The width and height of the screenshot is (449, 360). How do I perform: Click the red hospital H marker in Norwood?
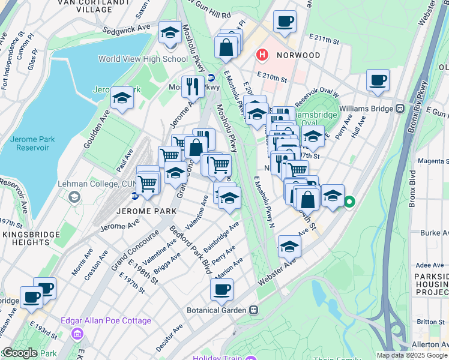pyautogui.click(x=262, y=55)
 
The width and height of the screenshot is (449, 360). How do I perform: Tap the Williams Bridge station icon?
pyautogui.click(x=400, y=109)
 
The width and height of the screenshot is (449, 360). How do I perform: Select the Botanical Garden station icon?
pyautogui.click(x=254, y=310)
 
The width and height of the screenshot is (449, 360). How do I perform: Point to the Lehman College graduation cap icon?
pyautogui.click(x=74, y=197)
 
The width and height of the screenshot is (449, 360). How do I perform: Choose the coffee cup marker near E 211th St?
pyautogui.click(x=285, y=22)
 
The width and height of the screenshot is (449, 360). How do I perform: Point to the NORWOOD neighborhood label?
pyautogui.click(x=298, y=55)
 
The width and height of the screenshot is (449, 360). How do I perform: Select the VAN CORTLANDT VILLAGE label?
pyautogui.click(x=84, y=7)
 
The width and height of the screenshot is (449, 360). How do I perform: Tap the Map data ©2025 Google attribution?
pyautogui.click(x=412, y=355)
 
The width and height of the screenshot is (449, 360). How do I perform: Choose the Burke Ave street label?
pyautogui.click(x=435, y=232)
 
